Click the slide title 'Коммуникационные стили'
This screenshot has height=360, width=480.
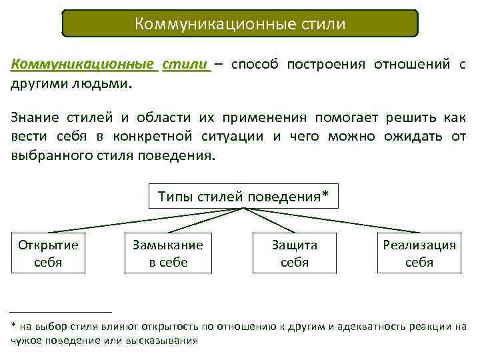coord(240,25)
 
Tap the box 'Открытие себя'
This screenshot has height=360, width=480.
coord(48,253)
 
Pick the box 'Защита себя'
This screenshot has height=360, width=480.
coord(294,253)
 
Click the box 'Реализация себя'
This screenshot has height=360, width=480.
coord(419,253)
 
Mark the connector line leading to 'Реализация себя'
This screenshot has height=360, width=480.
coord(333,221)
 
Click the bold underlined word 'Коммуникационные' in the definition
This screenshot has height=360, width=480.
coord(84,65)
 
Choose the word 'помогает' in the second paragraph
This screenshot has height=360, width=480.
coord(344,118)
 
